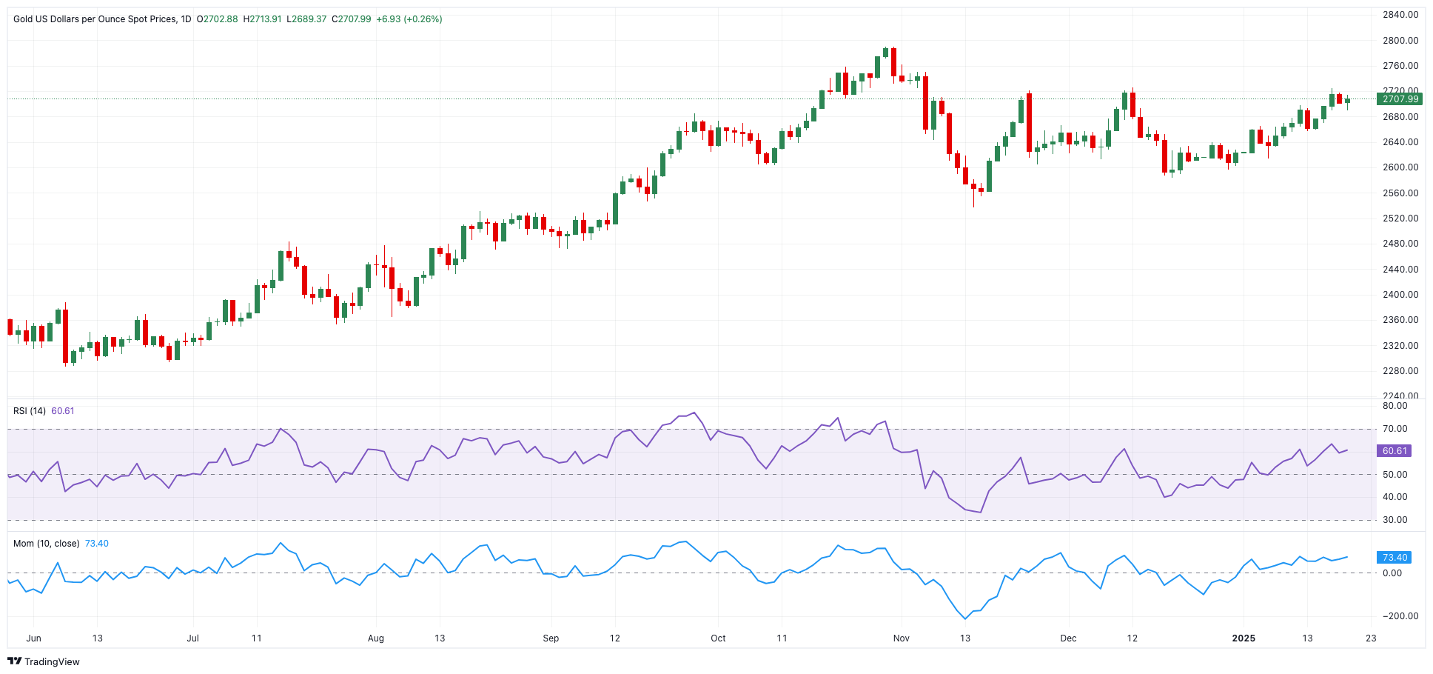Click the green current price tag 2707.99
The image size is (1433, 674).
[x=1397, y=99]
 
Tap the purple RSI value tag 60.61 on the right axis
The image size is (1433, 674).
[x=1394, y=451]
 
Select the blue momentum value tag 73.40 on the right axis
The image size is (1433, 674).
[x=1394, y=558]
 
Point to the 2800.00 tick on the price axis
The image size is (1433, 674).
[x=1400, y=41]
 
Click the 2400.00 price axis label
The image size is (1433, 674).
[x=1400, y=295]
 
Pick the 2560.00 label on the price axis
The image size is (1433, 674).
[x=1400, y=193]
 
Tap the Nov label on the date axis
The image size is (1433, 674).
[x=901, y=638]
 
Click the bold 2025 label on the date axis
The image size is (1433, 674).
[x=1244, y=638]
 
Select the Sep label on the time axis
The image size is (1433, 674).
[x=551, y=638]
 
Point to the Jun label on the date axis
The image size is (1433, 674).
[x=33, y=638]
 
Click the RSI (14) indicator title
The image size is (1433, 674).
[x=30, y=411]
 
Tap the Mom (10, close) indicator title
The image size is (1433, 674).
[x=46, y=544]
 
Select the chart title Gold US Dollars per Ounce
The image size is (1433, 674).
[x=95, y=19]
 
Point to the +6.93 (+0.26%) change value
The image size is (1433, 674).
[x=409, y=19]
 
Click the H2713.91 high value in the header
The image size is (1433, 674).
[x=263, y=19]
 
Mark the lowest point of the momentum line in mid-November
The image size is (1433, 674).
[x=965, y=619]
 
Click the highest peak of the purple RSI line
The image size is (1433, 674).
[x=694, y=413]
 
